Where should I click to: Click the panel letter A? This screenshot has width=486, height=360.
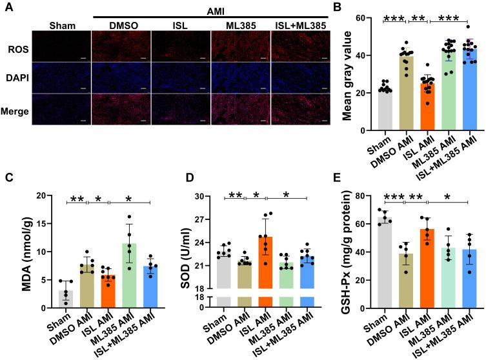[6, 7]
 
